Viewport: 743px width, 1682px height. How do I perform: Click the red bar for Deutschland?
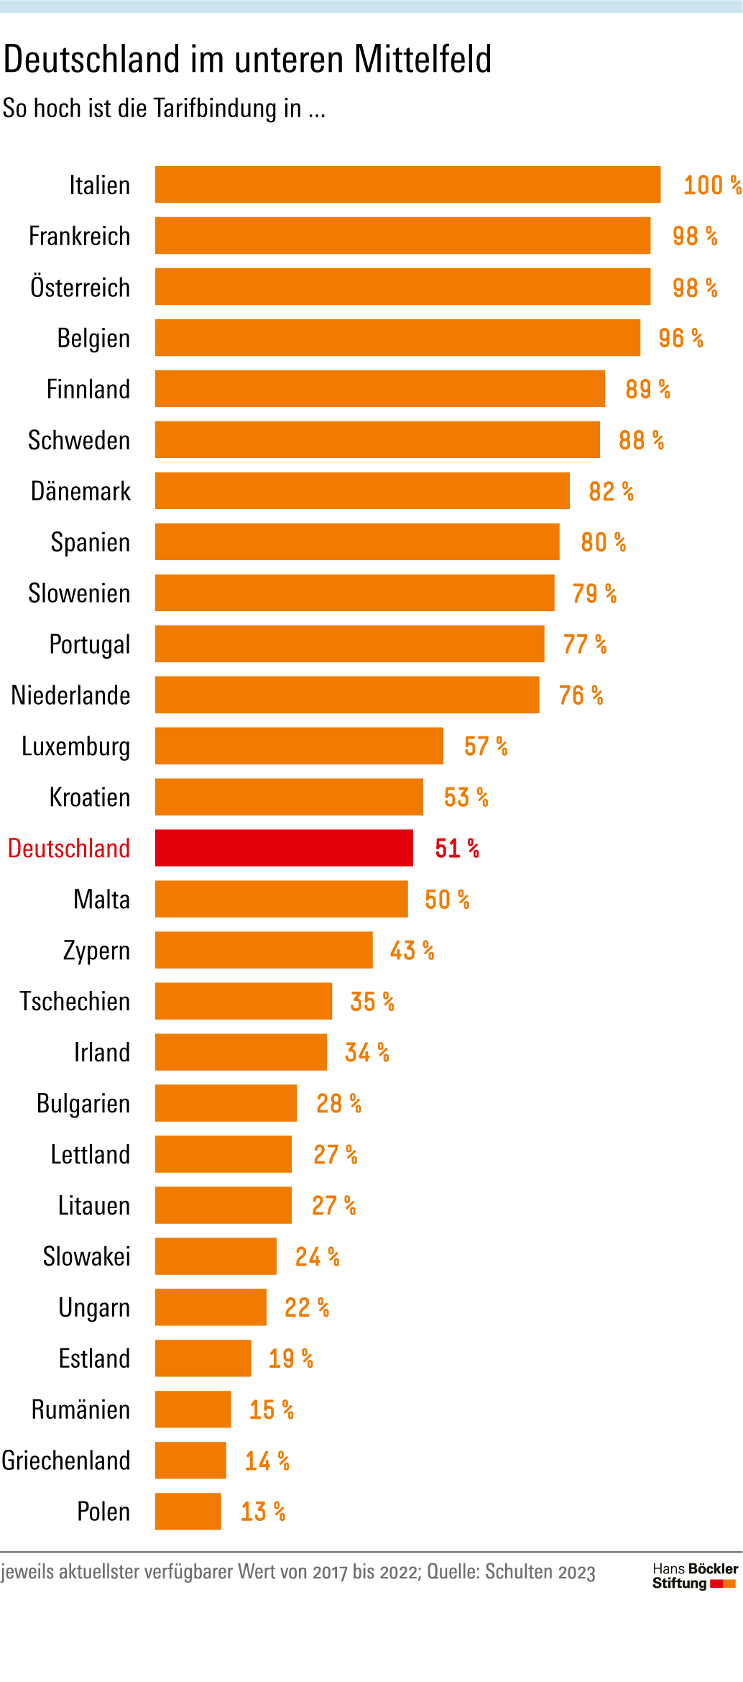(x=284, y=848)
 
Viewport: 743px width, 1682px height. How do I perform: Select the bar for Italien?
(x=407, y=185)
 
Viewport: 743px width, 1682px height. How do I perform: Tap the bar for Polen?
(x=188, y=1511)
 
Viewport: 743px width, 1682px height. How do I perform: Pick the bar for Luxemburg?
(x=299, y=746)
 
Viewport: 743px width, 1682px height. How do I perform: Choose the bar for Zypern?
(x=264, y=950)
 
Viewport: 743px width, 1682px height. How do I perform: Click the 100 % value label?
(x=711, y=185)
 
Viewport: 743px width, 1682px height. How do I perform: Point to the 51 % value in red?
(x=457, y=849)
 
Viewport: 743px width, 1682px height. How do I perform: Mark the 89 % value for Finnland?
(x=647, y=389)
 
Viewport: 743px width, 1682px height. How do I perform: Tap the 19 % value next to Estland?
(x=290, y=1358)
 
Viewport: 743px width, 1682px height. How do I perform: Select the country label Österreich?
(x=80, y=287)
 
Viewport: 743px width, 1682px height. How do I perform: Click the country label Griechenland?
(x=66, y=1461)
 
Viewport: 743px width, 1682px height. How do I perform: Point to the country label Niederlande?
(x=70, y=695)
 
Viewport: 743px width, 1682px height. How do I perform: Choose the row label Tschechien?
(x=75, y=1001)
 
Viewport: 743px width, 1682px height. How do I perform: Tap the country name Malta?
(x=101, y=900)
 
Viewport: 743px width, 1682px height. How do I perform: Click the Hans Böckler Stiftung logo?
(x=694, y=1576)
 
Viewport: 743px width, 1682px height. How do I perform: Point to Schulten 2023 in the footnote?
(x=540, y=1572)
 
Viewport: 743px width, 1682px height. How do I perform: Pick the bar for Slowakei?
(x=216, y=1256)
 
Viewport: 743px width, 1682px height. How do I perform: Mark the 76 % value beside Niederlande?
(x=581, y=695)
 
